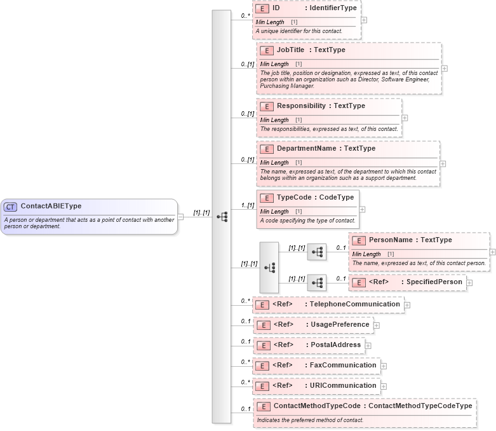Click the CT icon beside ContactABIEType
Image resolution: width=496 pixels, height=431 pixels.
pos(10,207)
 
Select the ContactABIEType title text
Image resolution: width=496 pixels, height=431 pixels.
pos(51,206)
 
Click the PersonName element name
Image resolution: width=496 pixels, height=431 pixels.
pos(391,240)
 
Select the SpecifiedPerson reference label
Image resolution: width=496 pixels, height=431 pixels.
pos(434,282)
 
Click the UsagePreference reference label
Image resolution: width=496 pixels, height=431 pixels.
pos(339,324)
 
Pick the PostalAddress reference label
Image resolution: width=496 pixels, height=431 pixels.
pos(335,345)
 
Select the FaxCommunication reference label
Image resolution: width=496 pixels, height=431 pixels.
pos(343,365)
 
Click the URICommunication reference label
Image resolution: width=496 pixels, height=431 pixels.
pos(343,385)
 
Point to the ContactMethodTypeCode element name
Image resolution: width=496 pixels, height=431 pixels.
pos(318,405)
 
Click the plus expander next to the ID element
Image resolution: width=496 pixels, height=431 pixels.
pos(363,20)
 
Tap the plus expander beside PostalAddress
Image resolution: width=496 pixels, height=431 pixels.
pos(368,346)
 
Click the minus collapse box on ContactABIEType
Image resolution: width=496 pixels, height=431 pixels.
pos(181,216)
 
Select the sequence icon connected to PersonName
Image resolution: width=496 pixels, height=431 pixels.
pos(316,252)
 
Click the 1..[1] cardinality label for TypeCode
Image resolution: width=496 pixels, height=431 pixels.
pos(247,205)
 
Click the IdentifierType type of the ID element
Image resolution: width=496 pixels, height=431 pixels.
pos(331,8)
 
